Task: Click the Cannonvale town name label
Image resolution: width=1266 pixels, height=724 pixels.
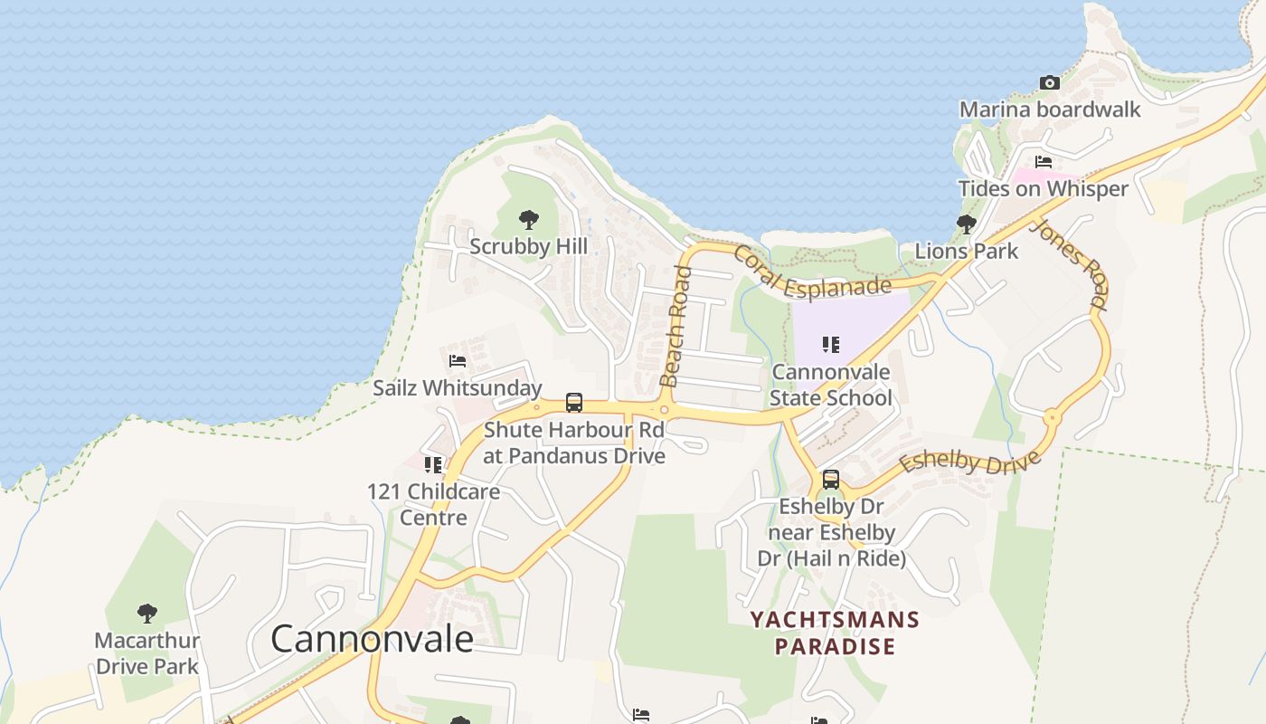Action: pos(372,639)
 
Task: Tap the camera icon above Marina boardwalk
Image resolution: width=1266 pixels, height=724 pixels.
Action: pos(1049,82)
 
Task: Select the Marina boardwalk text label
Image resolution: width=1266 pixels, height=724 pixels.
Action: pos(1049,110)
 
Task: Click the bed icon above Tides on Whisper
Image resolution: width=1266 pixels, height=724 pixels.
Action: pos(1043,162)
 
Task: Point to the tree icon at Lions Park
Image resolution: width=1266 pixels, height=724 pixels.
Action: pos(966,224)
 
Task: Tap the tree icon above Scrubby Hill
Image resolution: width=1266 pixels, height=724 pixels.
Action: pos(529,219)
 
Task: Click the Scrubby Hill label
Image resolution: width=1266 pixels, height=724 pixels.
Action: pos(529,246)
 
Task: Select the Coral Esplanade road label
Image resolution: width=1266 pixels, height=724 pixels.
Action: pos(811,275)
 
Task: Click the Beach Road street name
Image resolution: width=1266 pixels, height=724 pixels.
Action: pos(676,326)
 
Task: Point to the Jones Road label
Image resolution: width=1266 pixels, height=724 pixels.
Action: pos(1069,263)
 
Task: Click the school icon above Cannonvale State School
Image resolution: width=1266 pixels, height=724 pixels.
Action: pos(830,344)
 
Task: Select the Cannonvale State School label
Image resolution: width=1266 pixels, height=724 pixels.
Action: pos(830,385)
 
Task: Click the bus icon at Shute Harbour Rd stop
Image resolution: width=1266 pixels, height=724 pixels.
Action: pos(573,402)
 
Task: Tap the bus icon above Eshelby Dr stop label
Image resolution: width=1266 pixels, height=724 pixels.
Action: pos(830,479)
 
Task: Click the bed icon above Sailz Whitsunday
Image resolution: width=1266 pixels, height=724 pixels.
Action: pos(458,360)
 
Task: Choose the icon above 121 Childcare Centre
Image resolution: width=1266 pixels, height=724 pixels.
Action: pos(433,464)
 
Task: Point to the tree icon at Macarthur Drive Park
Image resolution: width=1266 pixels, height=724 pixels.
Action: pos(146,614)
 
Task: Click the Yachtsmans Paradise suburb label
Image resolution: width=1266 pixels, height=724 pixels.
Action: pos(835,633)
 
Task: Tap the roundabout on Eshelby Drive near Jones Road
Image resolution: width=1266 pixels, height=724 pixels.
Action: pos(1052,418)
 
